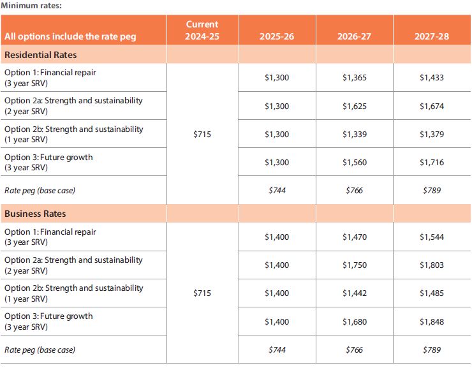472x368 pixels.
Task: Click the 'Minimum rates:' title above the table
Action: click(31, 5)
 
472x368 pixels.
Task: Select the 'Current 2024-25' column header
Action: click(202, 30)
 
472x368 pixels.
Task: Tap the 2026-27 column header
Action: click(354, 36)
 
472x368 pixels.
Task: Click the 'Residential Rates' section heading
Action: click(41, 55)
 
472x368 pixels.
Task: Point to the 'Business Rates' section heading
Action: click(35, 214)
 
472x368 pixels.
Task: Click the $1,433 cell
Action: click(432, 78)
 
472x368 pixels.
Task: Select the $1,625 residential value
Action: click(354, 107)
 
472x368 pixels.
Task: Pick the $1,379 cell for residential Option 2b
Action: click(432, 134)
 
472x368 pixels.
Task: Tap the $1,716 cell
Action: click(432, 163)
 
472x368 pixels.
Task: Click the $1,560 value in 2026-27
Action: click(354, 163)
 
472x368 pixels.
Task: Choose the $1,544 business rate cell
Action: click(432, 237)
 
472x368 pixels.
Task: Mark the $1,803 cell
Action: click(432, 265)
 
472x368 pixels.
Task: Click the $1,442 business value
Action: click(354, 293)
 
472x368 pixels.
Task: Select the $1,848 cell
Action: click(432, 322)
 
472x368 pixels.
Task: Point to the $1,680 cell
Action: click(354, 322)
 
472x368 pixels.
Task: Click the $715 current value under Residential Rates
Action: click(202, 134)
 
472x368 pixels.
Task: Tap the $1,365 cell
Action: click(354, 78)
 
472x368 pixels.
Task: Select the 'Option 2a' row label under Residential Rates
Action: click(73, 106)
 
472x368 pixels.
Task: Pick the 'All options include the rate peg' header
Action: click(70, 36)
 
